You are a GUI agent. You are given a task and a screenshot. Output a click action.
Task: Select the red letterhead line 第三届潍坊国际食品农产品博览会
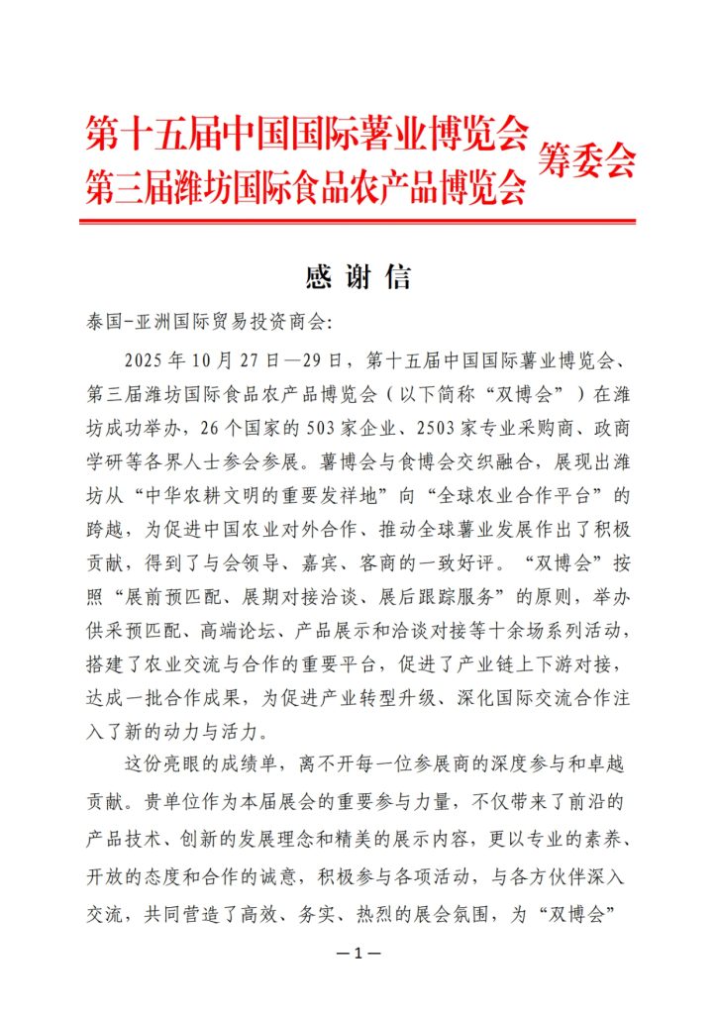(307, 184)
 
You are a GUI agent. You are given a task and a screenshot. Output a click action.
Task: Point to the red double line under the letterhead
(358, 222)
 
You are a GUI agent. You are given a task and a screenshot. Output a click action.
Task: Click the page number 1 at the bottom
(358, 954)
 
